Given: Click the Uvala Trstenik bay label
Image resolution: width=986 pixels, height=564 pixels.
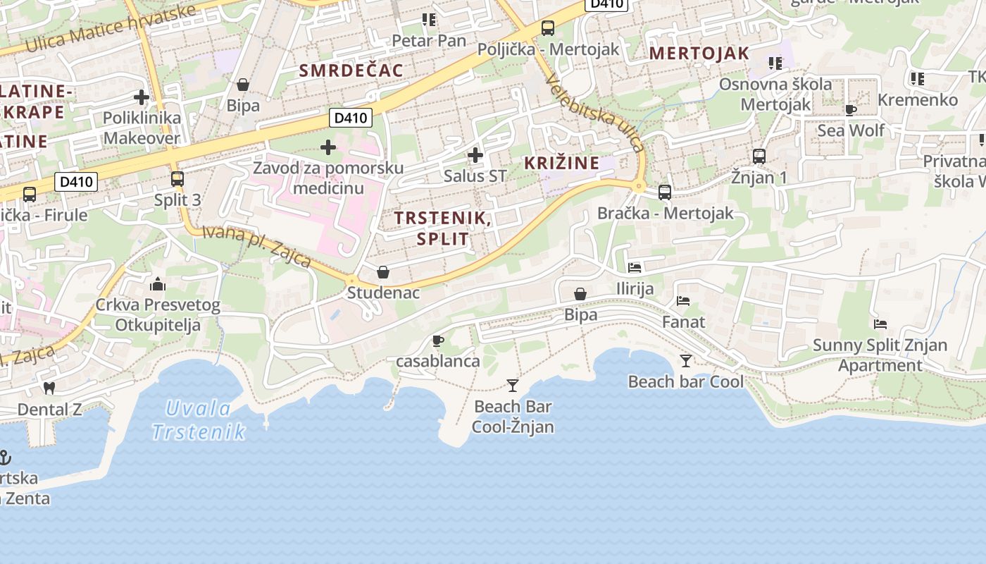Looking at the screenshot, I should tap(198, 420).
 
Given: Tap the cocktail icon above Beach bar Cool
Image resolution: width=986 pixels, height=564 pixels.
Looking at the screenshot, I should tap(686, 361).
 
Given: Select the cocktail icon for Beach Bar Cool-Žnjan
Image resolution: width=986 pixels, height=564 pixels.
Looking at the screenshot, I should tap(513, 386).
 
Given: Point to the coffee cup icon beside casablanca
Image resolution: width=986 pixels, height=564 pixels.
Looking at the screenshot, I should tap(438, 341).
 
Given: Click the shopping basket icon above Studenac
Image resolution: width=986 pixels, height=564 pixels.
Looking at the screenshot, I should tap(383, 272).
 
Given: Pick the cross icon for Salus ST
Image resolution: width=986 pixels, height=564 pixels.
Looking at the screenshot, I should tap(475, 155).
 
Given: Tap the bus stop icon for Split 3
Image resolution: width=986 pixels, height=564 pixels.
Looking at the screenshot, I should tap(177, 179).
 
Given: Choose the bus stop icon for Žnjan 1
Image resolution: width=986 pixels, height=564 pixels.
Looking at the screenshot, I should tap(759, 157).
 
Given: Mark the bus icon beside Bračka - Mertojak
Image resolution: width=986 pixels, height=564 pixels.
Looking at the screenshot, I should tap(664, 192).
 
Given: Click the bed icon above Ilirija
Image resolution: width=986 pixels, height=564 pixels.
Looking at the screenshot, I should tap(635, 268).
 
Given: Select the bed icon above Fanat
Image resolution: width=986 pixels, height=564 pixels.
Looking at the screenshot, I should tap(683, 301).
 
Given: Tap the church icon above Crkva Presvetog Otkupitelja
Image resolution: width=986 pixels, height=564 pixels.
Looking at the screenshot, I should tap(158, 284).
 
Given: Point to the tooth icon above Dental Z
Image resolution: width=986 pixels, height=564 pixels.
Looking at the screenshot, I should tap(49, 388).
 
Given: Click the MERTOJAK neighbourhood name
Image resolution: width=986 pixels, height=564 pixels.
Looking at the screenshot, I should tap(699, 54).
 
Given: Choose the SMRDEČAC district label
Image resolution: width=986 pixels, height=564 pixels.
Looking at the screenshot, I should tap(351, 70).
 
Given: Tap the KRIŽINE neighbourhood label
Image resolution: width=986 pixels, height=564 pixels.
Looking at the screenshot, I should tap(562, 163).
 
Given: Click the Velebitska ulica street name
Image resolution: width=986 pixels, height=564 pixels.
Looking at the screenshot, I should tap(596, 112).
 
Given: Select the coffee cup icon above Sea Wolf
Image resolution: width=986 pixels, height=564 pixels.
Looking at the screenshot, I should tap(851, 109).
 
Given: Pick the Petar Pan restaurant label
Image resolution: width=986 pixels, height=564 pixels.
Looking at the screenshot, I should tap(429, 41).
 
